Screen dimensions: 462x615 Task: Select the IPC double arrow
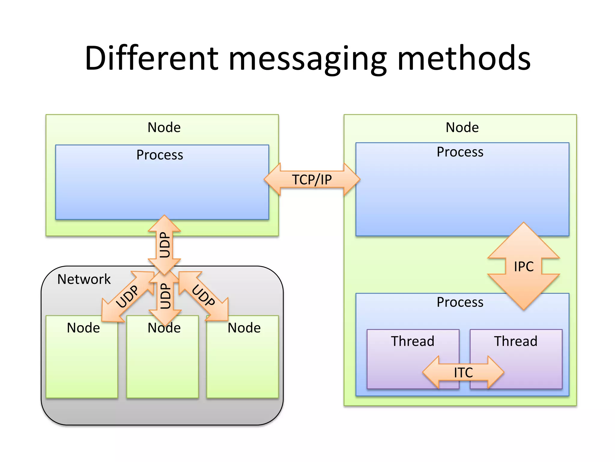523,266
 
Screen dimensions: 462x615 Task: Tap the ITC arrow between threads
463,372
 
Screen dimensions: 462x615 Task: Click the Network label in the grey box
84,279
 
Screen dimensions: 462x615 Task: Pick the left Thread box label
412,341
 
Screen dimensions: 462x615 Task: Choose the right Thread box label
515,341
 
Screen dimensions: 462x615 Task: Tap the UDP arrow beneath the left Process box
164,245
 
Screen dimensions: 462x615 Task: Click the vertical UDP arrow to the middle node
165,296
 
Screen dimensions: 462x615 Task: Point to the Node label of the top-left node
164,128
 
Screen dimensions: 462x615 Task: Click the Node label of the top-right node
462,128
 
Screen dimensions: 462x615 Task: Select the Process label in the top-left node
159,155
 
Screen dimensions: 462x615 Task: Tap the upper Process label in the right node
460,152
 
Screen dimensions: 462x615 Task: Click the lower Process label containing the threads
460,302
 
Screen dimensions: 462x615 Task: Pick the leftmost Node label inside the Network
83,328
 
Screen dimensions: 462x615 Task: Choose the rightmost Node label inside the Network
244,328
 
